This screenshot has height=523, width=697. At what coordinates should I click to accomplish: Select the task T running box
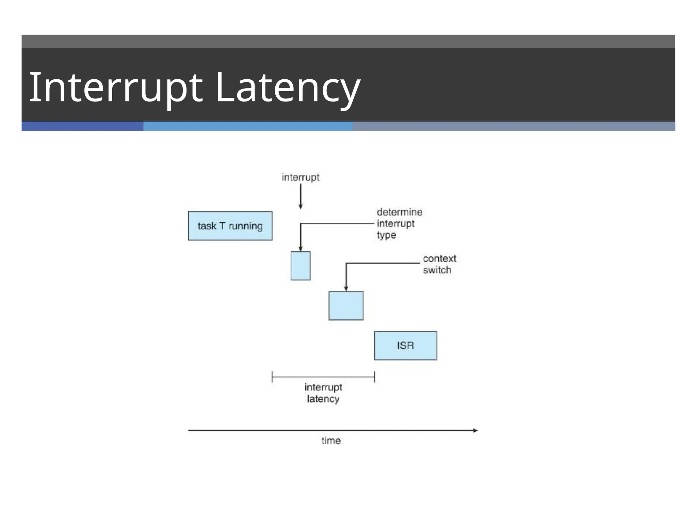click(x=230, y=226)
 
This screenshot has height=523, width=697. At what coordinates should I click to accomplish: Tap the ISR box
click(x=405, y=346)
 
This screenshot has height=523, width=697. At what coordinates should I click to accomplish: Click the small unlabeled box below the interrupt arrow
click(x=301, y=266)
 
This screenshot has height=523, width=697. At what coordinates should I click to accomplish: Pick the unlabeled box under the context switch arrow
click(x=346, y=306)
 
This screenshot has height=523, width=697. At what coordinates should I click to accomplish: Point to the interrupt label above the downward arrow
click(x=301, y=177)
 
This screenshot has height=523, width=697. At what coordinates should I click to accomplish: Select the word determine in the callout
click(x=399, y=212)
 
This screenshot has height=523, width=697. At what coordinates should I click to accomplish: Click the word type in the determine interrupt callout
click(x=386, y=235)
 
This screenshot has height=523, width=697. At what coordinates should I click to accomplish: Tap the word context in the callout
click(x=439, y=258)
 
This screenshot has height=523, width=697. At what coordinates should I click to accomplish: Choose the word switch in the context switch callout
click(x=437, y=270)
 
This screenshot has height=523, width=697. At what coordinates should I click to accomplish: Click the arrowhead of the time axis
click(x=475, y=430)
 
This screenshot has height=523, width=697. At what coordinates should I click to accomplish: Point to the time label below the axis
click(x=331, y=441)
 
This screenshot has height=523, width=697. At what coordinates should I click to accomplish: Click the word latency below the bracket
click(x=323, y=399)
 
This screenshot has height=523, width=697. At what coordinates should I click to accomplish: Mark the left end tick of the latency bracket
click(x=272, y=377)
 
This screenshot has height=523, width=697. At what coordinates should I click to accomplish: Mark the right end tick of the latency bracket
click(x=374, y=377)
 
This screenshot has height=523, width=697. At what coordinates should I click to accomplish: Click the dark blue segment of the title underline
click(x=82, y=126)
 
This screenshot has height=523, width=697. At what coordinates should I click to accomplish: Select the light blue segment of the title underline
click(x=248, y=126)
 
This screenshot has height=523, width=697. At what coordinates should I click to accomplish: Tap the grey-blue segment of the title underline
click(x=514, y=126)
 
